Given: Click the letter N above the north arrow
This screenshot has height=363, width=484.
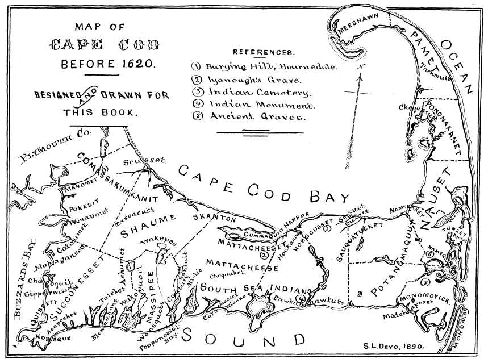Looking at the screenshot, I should [360, 68].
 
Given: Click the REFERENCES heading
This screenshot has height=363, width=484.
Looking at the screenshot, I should [264, 52].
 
